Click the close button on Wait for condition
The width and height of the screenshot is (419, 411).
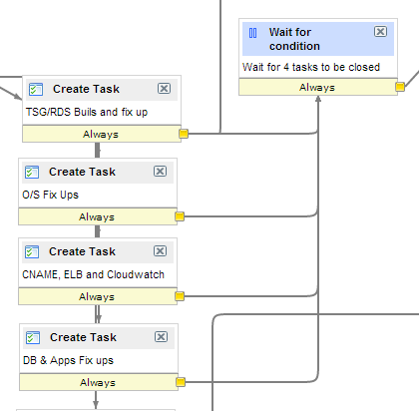(x=380, y=32)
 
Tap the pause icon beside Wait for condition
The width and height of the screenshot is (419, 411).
(x=252, y=33)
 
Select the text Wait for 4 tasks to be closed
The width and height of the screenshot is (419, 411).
(x=311, y=67)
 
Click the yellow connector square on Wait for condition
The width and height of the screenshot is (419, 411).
(x=400, y=87)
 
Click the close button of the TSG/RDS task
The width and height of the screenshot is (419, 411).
(x=164, y=89)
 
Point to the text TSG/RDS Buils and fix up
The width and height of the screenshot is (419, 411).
(x=87, y=112)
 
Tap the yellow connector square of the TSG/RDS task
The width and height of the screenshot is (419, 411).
(x=184, y=134)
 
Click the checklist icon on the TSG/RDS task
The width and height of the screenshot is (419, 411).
(x=36, y=89)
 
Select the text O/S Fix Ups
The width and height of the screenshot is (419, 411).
(x=50, y=195)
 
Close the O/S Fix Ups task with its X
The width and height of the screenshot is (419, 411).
(x=160, y=172)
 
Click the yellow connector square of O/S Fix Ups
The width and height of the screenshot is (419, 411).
(x=180, y=216)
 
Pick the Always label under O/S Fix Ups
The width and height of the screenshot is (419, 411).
(x=97, y=216)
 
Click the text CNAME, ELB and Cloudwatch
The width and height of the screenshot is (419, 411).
(x=93, y=274)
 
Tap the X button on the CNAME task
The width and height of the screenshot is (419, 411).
(x=160, y=251)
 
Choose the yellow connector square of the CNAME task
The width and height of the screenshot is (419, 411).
(x=180, y=296)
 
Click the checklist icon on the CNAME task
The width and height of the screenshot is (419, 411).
(x=32, y=251)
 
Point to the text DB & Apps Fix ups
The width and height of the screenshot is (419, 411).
(x=68, y=360)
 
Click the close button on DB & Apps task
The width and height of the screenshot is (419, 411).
(x=161, y=337)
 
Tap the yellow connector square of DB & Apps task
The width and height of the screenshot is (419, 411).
(x=181, y=382)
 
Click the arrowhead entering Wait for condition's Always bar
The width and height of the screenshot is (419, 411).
(x=318, y=99)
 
